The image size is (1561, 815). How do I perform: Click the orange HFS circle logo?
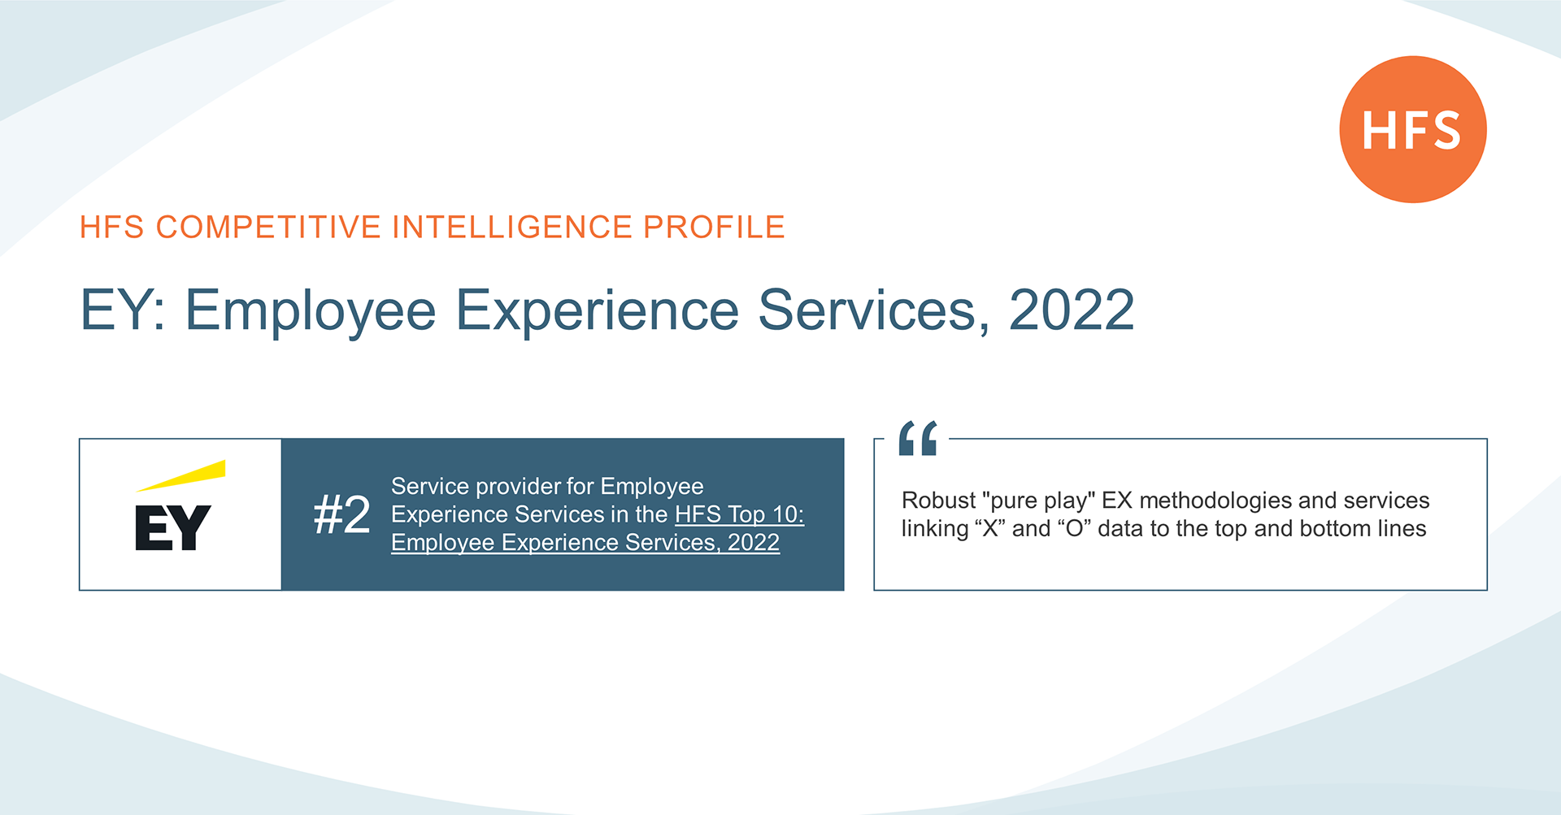point(1413,129)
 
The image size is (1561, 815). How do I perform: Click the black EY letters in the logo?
point(173,527)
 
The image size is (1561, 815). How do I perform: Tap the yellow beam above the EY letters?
point(181,475)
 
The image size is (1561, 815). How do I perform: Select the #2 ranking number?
point(342,514)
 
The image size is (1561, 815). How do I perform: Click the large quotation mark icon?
point(918,438)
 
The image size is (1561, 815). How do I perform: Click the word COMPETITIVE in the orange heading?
point(268,227)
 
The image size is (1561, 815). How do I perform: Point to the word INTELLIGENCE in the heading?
point(512,227)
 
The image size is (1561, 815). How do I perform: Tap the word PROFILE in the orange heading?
point(715,227)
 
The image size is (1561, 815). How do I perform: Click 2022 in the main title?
point(1072,310)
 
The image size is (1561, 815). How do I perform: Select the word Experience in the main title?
point(598,311)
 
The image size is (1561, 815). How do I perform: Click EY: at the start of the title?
point(123,310)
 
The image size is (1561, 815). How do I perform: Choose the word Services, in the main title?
point(874,310)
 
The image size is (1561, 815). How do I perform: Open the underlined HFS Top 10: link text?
point(740,514)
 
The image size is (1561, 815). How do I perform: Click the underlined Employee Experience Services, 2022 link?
point(585,542)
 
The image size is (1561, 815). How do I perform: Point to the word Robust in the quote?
point(938,501)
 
